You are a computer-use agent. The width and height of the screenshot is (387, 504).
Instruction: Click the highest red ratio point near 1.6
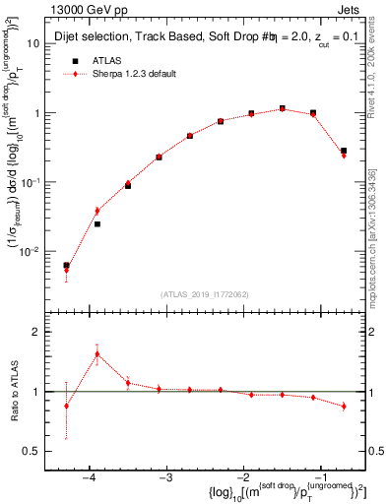pos(97,354)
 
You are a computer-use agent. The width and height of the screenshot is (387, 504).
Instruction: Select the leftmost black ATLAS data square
pos(66,266)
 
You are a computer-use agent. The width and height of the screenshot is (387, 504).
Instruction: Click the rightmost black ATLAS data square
pos(343,151)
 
